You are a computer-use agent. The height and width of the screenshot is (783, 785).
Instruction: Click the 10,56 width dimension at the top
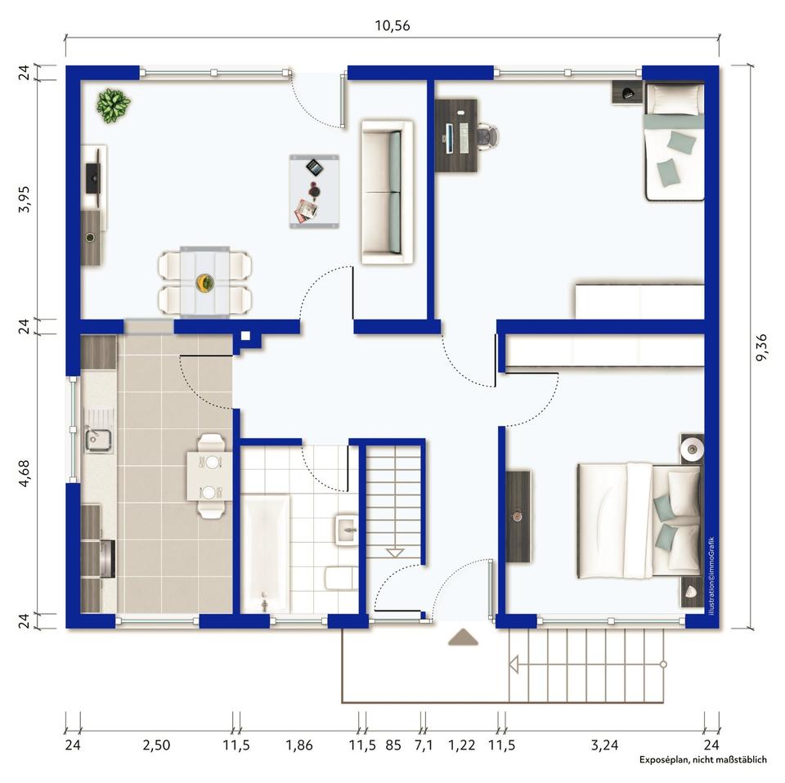point(392,25)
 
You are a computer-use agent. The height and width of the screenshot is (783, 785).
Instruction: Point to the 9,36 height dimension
point(760,347)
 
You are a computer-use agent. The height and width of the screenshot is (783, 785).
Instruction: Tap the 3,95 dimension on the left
point(24,199)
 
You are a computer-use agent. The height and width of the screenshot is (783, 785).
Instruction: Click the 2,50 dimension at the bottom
point(156,745)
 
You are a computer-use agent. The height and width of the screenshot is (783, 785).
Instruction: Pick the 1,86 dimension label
point(299,745)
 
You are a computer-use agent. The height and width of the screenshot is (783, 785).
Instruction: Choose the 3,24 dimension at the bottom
point(604,745)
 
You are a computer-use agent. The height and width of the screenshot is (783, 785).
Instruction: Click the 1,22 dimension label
point(461,745)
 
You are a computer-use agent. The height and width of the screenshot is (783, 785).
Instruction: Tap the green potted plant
point(113,105)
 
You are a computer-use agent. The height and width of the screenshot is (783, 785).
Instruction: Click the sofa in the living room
point(387,191)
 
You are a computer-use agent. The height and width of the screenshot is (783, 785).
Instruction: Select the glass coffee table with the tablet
point(314,191)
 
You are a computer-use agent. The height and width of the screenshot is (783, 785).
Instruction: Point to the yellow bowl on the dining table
point(204,283)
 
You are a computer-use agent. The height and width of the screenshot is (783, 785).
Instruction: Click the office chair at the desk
point(487,136)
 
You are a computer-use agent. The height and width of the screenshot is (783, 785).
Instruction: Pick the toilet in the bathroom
point(342,579)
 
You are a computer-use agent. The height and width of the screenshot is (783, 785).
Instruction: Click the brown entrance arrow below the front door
point(463,638)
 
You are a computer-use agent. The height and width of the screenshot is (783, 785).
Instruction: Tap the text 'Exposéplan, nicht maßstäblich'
point(702,760)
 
